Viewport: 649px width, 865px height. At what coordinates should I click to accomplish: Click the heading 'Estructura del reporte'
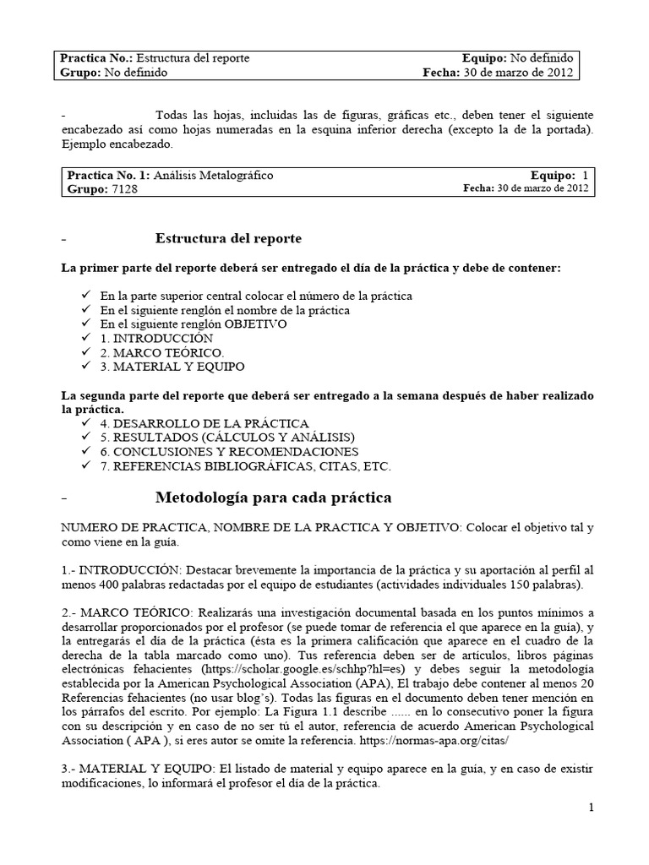[228, 239]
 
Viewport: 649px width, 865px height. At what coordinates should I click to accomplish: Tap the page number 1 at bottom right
[591, 808]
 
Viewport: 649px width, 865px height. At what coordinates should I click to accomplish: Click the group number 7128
[123, 189]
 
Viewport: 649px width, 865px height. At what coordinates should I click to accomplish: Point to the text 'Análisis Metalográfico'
[213, 175]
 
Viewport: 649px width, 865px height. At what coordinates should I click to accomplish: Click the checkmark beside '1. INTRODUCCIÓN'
[85, 338]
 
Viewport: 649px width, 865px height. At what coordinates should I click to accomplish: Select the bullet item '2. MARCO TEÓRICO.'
[162, 352]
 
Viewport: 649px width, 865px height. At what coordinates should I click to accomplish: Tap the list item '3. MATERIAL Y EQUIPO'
[172, 367]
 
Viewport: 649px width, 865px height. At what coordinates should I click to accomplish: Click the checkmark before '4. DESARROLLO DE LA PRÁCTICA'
[85, 422]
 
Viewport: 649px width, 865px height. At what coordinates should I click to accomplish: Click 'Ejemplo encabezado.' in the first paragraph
[117, 144]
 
